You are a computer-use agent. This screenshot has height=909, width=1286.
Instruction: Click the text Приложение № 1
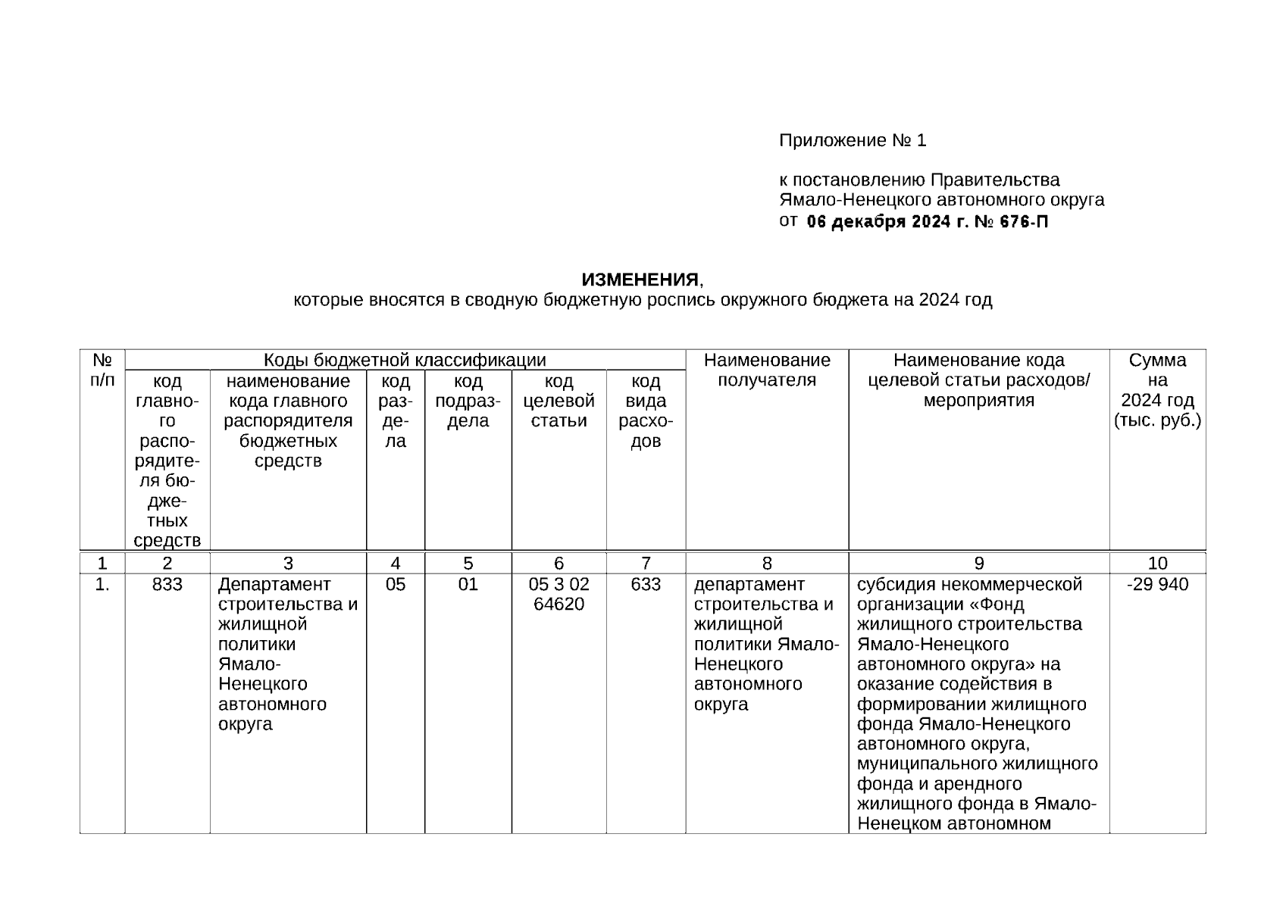click(x=853, y=141)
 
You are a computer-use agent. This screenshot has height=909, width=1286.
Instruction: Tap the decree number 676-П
click(x=1025, y=222)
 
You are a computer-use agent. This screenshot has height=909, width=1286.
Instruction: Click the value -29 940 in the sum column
click(x=1157, y=585)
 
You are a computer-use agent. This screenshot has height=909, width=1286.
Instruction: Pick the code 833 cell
click(x=167, y=585)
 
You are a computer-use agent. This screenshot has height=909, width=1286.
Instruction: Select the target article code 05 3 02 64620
click(x=559, y=595)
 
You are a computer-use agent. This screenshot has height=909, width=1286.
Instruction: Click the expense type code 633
click(x=646, y=585)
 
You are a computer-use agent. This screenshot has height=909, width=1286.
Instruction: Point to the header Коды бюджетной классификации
click(x=405, y=360)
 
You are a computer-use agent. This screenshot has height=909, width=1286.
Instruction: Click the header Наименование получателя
click(x=767, y=370)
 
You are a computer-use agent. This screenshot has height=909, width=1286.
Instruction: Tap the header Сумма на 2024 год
click(x=1157, y=390)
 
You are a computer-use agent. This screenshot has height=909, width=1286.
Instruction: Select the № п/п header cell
click(x=102, y=370)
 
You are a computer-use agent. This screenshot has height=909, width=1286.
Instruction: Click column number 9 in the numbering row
click(x=979, y=564)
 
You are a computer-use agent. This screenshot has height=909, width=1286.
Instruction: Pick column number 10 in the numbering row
click(x=1157, y=564)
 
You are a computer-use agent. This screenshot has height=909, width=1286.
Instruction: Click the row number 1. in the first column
click(x=102, y=585)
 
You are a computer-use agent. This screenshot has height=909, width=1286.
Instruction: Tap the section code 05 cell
click(x=396, y=585)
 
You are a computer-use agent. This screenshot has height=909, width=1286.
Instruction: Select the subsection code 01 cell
click(x=468, y=585)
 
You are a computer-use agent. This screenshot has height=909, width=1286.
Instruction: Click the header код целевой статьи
click(x=559, y=401)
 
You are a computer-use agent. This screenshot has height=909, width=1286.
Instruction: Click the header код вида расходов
click(x=646, y=411)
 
